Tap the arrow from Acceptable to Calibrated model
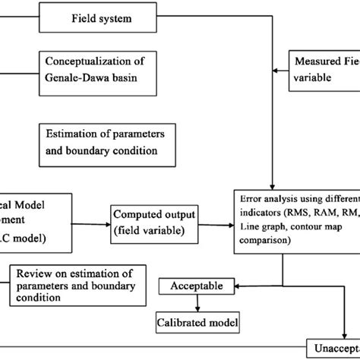[x=197, y=303]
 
